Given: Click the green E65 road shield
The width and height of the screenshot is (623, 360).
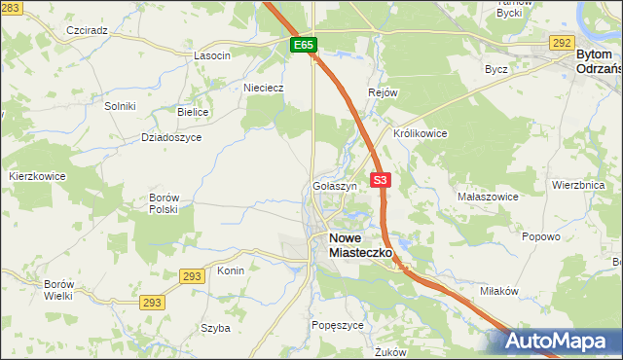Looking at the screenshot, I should click(x=303, y=46).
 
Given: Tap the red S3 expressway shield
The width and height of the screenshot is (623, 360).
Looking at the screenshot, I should click(x=381, y=180).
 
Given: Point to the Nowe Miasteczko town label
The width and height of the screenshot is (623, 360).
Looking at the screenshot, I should click(x=360, y=244).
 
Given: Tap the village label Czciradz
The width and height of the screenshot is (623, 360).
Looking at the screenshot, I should click(x=87, y=30).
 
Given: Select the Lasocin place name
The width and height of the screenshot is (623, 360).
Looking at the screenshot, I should click(x=211, y=55).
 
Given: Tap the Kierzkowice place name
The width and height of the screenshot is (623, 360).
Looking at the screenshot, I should click(x=37, y=176).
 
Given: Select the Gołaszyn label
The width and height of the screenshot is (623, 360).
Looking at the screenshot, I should click(x=335, y=186).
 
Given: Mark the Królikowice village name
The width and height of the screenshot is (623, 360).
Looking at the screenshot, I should click(x=420, y=133).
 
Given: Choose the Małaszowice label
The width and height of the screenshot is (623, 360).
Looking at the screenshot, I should click(x=488, y=197).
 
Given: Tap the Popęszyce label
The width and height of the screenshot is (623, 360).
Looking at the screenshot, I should click(x=337, y=325).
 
